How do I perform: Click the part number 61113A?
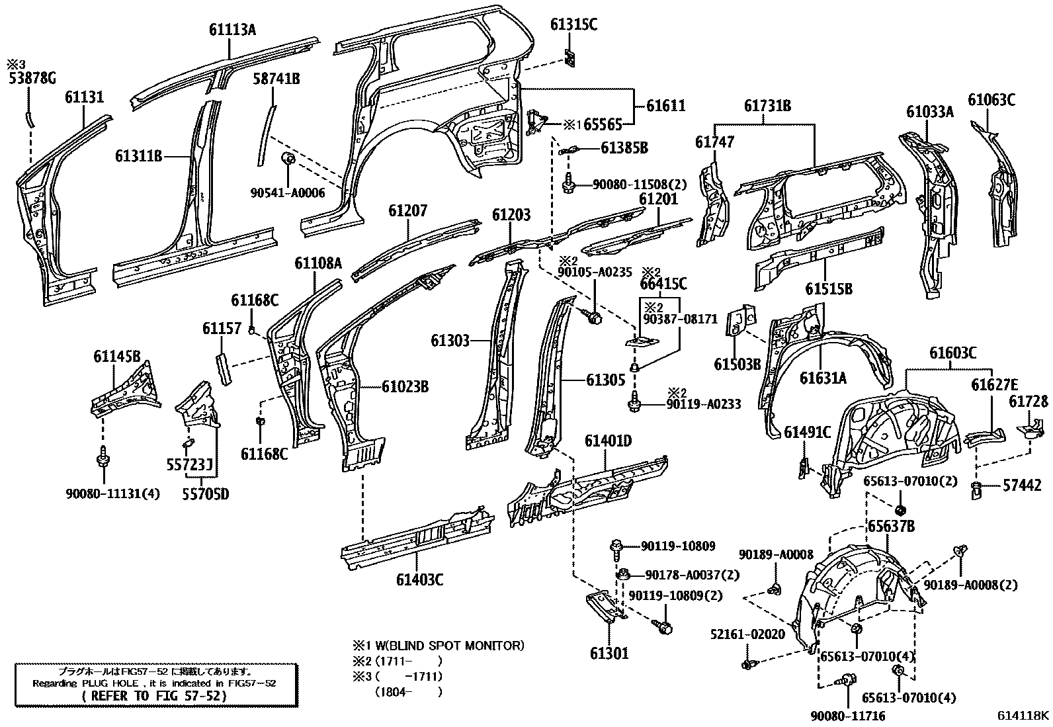point(232,30)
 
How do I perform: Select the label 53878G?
point(32,79)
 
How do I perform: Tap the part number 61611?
point(665,106)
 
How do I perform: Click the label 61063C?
point(991,101)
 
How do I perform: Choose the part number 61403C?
point(420,579)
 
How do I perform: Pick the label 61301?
point(609,654)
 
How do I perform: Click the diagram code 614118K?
point(1023,715)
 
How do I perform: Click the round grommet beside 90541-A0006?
point(288,161)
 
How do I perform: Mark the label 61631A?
point(823,378)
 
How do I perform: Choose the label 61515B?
point(828,288)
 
